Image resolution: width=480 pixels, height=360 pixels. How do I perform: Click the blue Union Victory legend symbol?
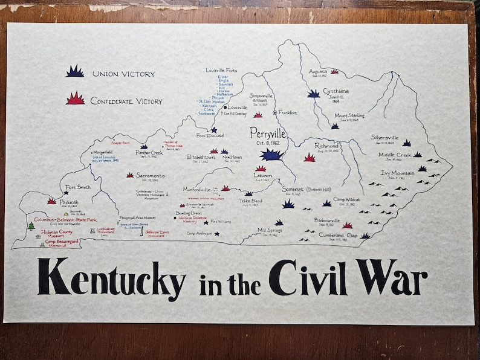(x=75, y=71)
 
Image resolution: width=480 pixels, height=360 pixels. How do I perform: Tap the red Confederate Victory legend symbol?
(x=75, y=98)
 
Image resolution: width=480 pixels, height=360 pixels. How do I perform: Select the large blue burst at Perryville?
(x=272, y=155)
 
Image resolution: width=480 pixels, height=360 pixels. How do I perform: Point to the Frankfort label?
(x=288, y=112)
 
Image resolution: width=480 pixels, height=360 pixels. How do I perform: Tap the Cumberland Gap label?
(x=339, y=235)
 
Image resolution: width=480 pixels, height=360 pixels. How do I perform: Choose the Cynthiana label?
(x=336, y=91)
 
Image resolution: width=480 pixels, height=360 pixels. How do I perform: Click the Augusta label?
(x=317, y=71)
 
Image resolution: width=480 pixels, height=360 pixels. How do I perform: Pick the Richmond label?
(x=326, y=146)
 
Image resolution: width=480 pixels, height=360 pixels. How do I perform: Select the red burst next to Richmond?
(x=310, y=158)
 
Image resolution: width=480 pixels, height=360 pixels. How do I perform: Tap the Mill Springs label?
(x=270, y=230)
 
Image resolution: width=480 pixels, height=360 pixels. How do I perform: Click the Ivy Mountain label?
(x=397, y=173)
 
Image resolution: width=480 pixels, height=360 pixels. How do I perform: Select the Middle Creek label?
(x=395, y=155)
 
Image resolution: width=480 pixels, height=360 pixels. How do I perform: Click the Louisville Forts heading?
(x=221, y=71)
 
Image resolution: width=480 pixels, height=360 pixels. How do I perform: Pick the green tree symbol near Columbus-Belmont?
(x=31, y=226)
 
